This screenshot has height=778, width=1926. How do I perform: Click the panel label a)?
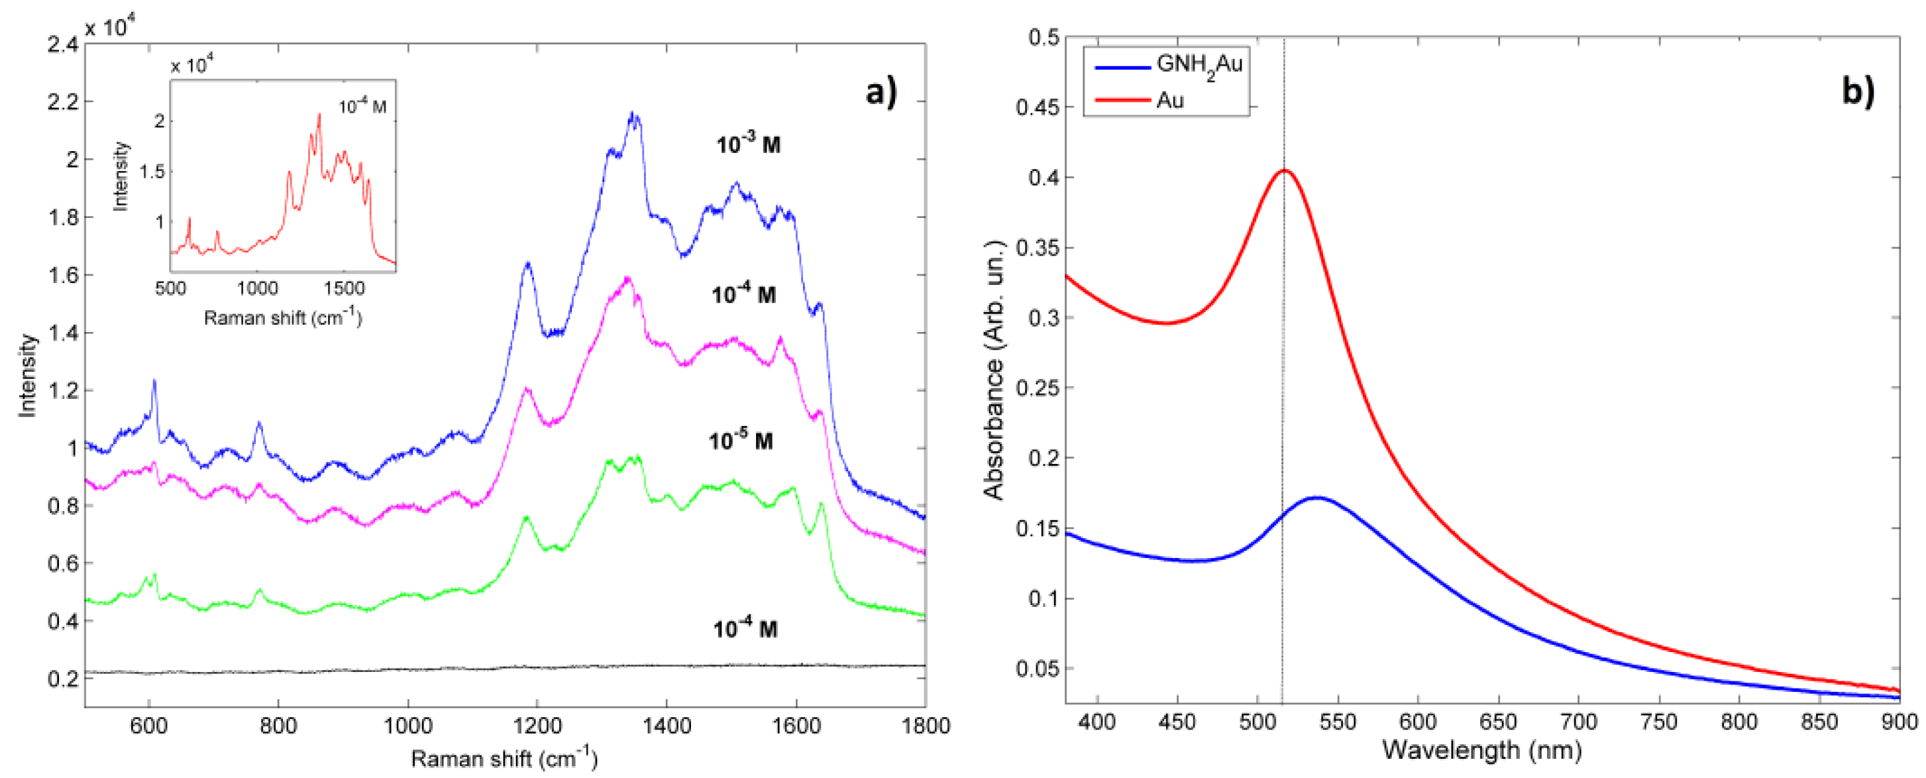click(x=881, y=93)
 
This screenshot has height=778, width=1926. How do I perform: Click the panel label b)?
click(x=1857, y=91)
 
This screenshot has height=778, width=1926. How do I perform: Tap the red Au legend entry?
click(x=1169, y=99)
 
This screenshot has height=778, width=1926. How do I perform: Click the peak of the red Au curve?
click(x=1285, y=170)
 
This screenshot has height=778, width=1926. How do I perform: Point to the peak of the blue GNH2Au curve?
click(x=1316, y=498)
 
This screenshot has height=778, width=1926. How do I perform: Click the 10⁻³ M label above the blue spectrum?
click(x=747, y=144)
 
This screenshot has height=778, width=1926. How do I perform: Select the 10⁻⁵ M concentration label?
click(x=739, y=441)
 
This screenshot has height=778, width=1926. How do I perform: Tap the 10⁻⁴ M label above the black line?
click(x=744, y=628)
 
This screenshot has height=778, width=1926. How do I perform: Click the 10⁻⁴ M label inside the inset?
click(x=362, y=106)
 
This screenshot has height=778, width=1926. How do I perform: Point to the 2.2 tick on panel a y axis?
click(x=63, y=102)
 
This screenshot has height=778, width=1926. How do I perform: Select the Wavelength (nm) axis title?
click(x=1482, y=750)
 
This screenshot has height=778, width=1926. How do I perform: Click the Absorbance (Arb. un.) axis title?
click(x=994, y=370)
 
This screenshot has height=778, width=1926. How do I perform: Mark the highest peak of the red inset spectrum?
click(x=319, y=115)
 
